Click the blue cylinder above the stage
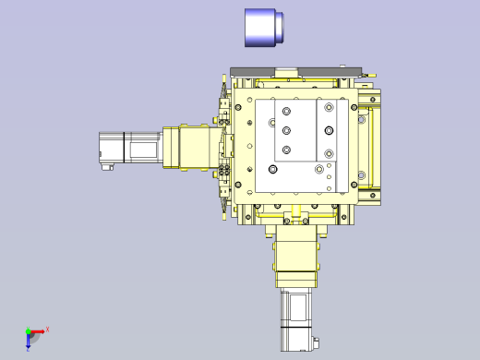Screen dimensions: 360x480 coord(260,28)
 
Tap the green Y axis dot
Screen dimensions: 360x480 coord(28,330)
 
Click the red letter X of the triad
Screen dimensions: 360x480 coord(47,329)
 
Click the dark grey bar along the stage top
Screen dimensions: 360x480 coord(295,71)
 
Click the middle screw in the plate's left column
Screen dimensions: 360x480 coord(286,130)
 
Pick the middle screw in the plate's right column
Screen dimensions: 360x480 coord(329,132)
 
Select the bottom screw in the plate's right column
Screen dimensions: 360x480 coord(329,153)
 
